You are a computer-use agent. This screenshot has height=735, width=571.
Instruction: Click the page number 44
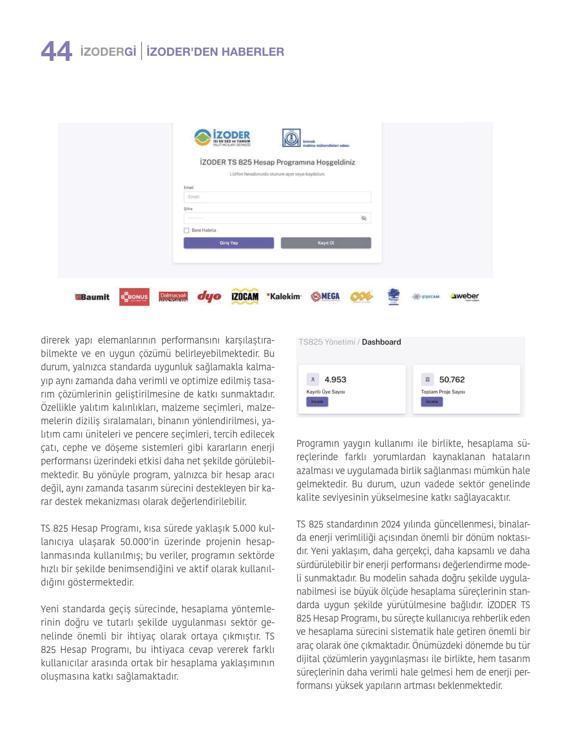coord(56,51)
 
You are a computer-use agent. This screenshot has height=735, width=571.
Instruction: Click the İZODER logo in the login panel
coord(222,137)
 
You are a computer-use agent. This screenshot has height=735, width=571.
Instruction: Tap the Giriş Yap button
coord(228,243)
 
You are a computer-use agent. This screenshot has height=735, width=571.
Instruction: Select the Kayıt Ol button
coord(326,243)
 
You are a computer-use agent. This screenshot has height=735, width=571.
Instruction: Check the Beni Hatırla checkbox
coord(186,231)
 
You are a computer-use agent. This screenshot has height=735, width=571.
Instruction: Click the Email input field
coord(277,197)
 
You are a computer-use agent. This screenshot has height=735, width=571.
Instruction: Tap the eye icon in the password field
coord(364,218)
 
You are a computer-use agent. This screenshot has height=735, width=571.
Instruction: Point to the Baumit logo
coord(93,297)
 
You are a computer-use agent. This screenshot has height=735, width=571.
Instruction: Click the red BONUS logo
coord(134,297)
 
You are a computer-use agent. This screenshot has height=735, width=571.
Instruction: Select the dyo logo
coord(209,296)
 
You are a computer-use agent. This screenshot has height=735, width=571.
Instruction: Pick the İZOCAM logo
coord(245,296)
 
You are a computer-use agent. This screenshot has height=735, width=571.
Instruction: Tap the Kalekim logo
coord(284,296)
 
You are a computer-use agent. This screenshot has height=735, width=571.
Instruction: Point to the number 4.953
coord(335,379)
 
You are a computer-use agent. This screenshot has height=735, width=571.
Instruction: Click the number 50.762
coord(452,379)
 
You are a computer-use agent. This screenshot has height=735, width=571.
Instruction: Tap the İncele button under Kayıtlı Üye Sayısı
coord(317,402)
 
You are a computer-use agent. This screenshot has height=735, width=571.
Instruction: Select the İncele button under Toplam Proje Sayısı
coord(431,402)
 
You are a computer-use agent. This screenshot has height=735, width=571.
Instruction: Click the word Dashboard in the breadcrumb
coord(381,342)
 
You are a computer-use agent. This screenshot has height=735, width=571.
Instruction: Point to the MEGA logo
coord(325,296)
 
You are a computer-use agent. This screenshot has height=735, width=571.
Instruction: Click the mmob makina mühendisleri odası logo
coord(315,138)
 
